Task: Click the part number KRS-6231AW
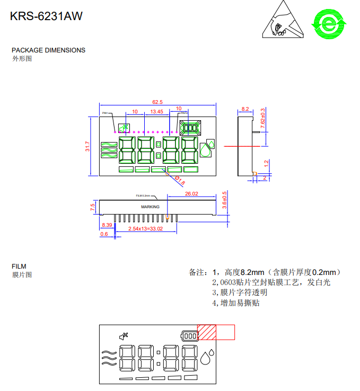pyautogui.click(x=46, y=16)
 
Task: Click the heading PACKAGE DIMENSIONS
pyautogui.click(x=48, y=50)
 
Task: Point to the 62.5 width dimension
pyautogui.click(x=157, y=102)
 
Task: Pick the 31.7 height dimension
pyautogui.click(x=88, y=146)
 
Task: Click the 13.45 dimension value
pyautogui.click(x=156, y=112)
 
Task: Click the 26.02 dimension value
pyautogui.click(x=191, y=194)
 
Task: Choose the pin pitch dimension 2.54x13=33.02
pyautogui.click(x=138, y=229)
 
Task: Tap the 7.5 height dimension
pyautogui.click(x=93, y=207)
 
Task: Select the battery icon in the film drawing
pyautogui.click(x=189, y=335)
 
